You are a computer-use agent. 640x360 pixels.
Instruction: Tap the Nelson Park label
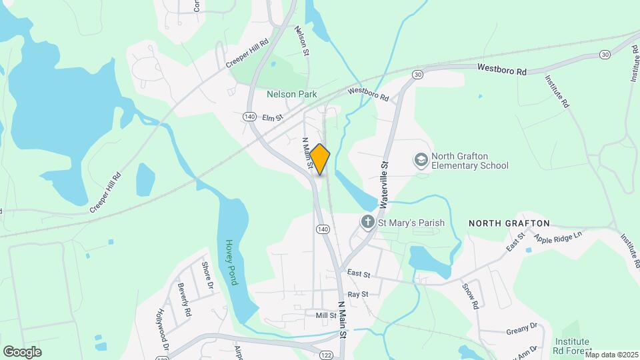pos(291,95)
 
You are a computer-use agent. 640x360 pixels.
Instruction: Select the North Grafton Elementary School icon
pos(421,160)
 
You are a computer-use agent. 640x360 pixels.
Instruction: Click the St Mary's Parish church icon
pos(367,221)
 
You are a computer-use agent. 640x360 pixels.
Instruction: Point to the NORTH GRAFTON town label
pos(509,223)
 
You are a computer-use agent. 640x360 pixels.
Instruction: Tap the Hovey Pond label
pos(231,262)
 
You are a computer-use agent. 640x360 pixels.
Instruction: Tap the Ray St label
pos(358,294)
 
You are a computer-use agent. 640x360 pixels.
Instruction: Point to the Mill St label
pos(326,315)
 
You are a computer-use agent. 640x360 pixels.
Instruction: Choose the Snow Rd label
pos(471,295)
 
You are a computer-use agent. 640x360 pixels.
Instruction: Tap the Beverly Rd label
pos(183,299)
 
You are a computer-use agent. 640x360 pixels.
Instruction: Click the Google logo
pos(21,351)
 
